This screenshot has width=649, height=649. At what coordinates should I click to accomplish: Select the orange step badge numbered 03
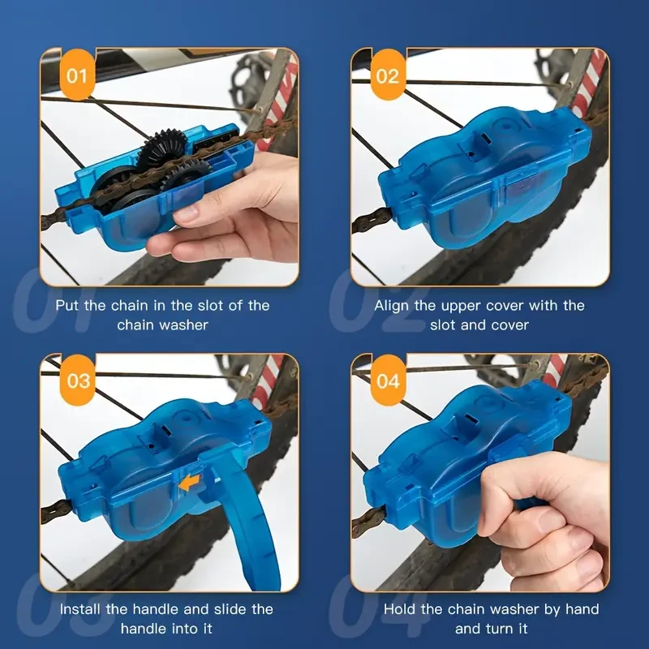(x=77, y=380)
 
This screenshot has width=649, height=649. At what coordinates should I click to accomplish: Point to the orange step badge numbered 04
(x=389, y=380)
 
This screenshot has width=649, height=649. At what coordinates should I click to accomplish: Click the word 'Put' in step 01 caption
(x=69, y=306)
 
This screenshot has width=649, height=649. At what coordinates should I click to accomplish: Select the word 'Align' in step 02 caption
(x=392, y=306)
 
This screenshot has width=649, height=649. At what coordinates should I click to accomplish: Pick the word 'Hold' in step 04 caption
(x=400, y=609)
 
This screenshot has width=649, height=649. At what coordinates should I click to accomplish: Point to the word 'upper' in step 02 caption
(x=479, y=306)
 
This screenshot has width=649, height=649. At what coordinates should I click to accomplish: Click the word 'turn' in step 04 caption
(x=499, y=629)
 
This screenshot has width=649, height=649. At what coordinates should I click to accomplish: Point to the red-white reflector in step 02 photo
(x=591, y=81)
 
